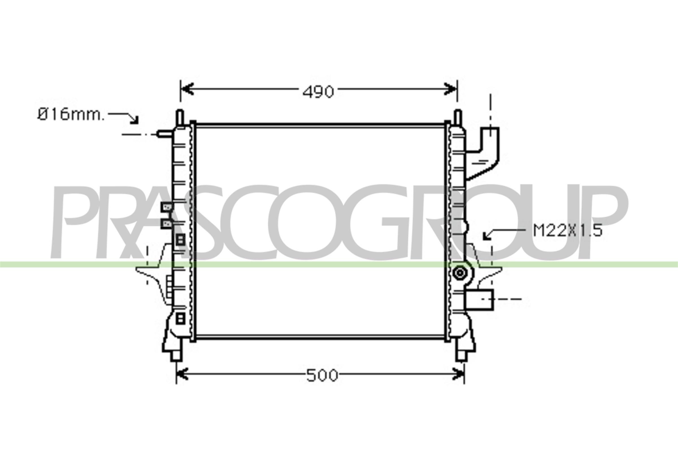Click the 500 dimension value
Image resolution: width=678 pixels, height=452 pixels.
click(x=322, y=376)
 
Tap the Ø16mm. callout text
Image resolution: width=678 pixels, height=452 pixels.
click(x=71, y=115)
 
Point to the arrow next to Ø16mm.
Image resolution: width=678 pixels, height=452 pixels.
click(x=124, y=117)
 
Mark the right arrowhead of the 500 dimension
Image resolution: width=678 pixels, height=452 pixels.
click(x=458, y=374)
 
